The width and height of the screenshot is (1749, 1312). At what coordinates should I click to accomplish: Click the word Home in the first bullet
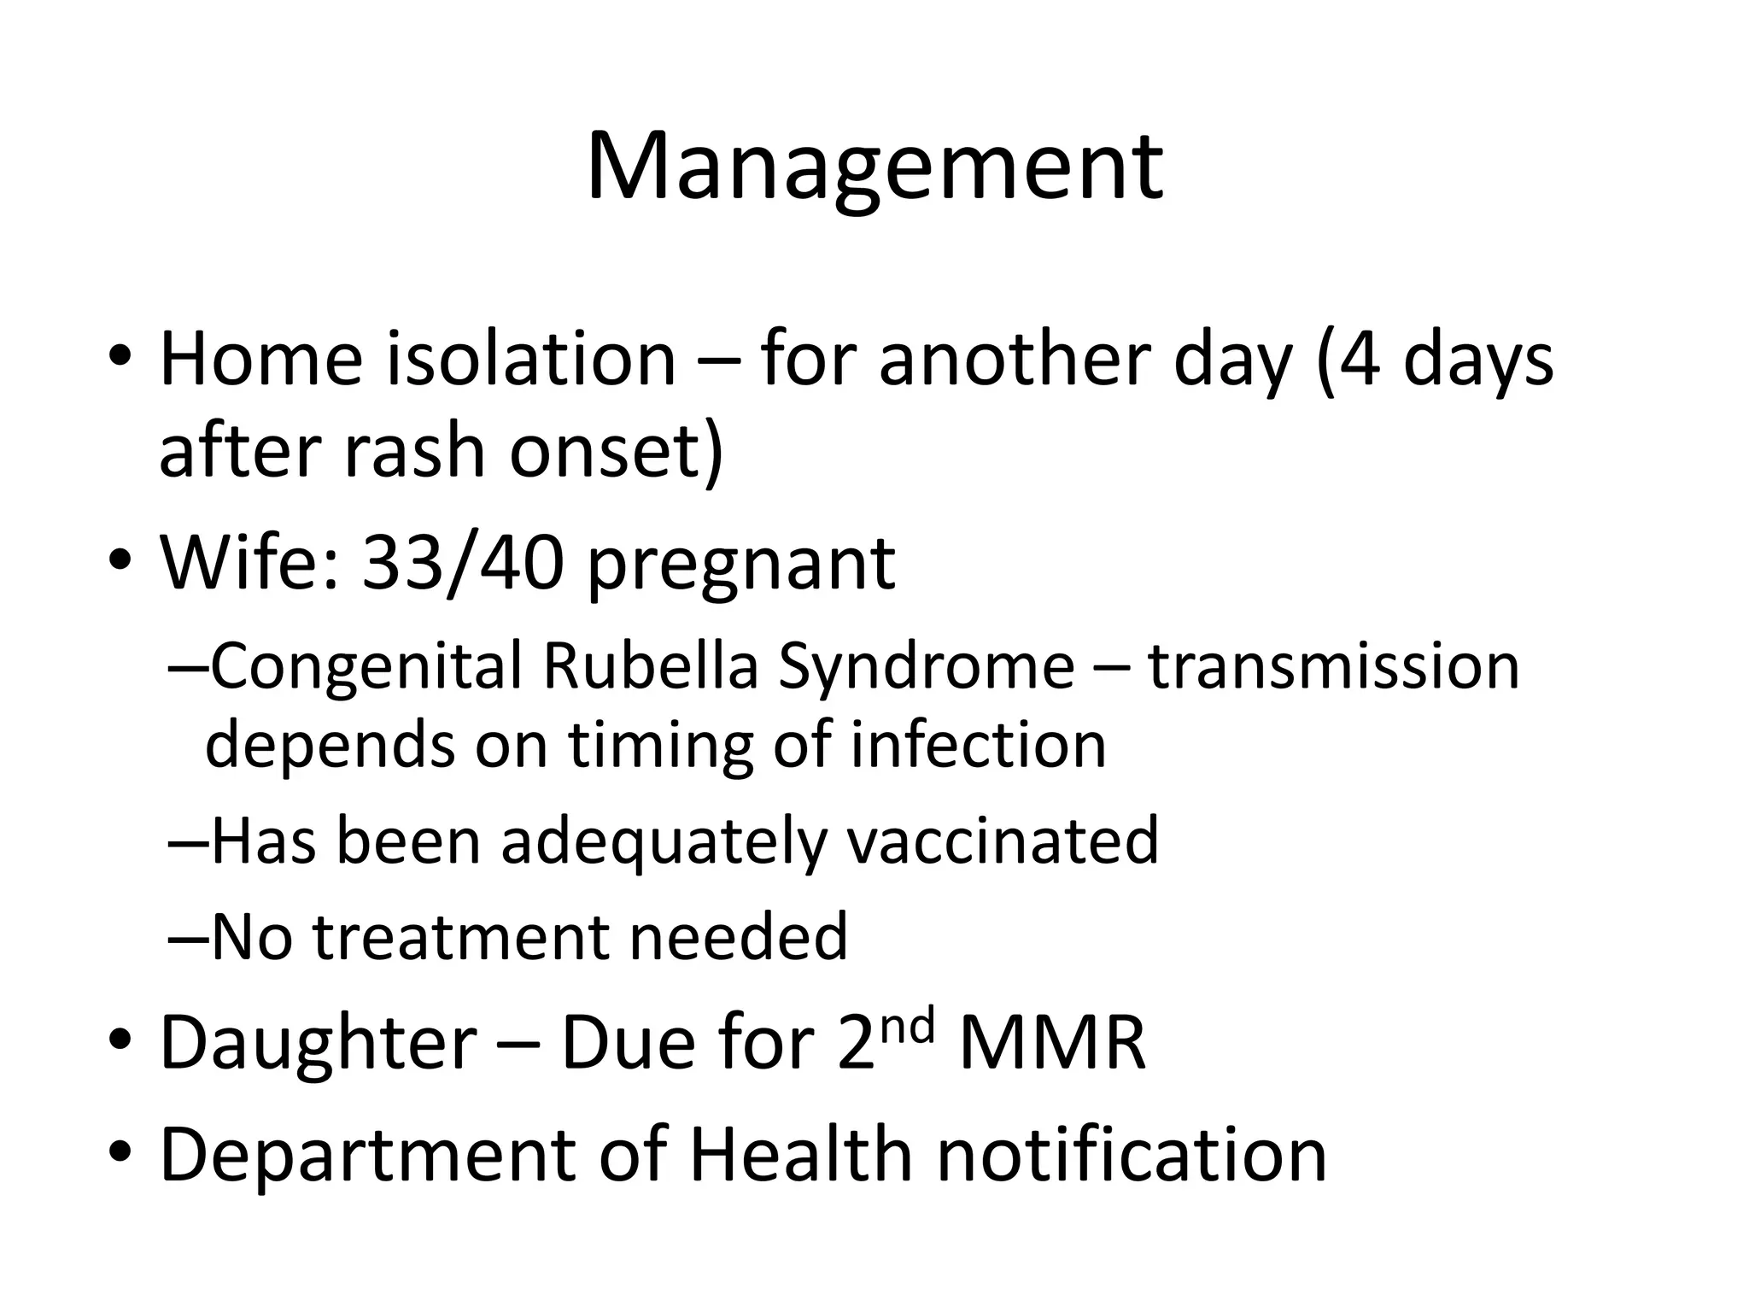click(261, 360)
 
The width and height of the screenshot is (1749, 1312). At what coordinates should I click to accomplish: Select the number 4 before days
click(1359, 360)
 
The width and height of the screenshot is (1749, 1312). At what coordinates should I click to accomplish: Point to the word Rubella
click(650, 666)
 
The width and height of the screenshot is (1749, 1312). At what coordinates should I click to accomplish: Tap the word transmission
click(1333, 666)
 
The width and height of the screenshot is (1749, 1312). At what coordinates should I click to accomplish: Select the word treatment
click(462, 937)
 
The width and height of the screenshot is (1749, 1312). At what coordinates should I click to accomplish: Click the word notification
click(1132, 1155)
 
